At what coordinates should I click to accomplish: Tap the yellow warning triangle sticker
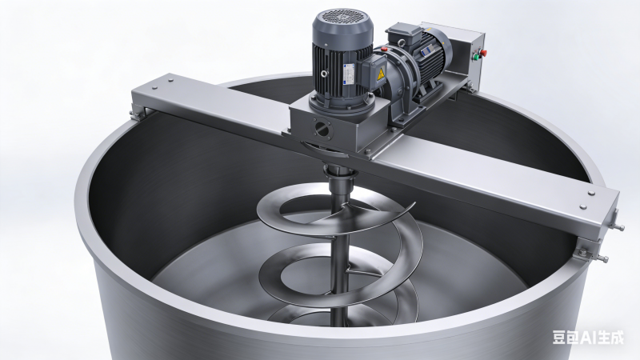click(381, 74)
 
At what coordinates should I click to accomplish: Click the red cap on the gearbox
click(384, 50)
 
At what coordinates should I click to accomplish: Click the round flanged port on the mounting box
click(323, 128)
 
